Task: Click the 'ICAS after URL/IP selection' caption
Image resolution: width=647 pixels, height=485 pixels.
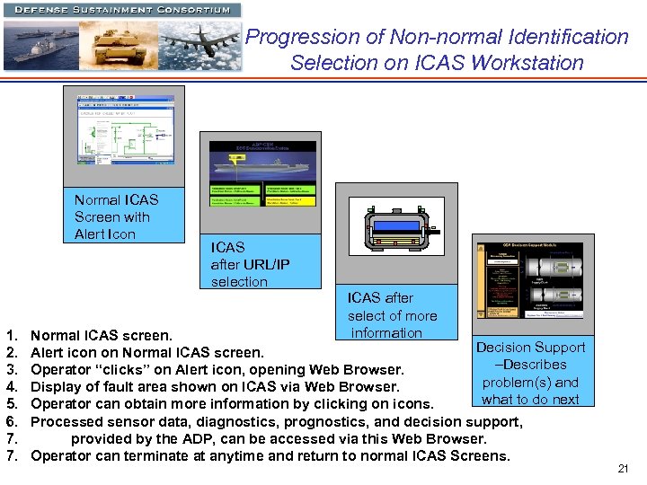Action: point(251,264)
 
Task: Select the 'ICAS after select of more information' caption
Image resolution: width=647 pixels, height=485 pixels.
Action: point(392,315)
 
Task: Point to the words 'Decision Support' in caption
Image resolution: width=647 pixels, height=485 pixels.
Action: point(530,348)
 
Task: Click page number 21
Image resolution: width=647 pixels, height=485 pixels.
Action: point(624,470)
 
